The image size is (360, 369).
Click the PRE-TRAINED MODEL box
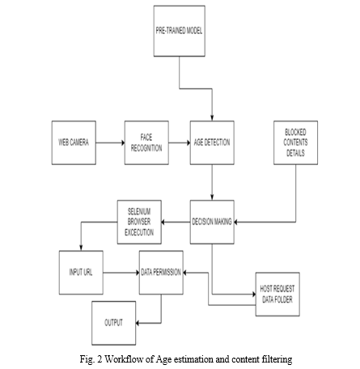pyautogui.click(x=180, y=31)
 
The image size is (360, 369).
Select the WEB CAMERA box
pyautogui.click(x=74, y=142)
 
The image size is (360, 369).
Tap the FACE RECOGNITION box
pyautogui.click(x=146, y=142)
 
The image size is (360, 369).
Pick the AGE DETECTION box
pyautogui.click(x=212, y=142)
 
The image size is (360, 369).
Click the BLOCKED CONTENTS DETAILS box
pyautogui.click(x=295, y=142)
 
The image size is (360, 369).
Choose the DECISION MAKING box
pyautogui.click(x=212, y=222)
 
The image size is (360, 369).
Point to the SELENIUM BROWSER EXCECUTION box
pyautogui.click(x=139, y=222)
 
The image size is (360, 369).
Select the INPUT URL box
pyautogui.click(x=81, y=273)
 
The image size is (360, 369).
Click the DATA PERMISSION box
pyautogui.click(x=161, y=273)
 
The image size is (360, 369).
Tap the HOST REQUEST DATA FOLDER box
pyautogui.click(x=277, y=294)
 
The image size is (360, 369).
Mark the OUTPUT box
pyautogui.click(x=114, y=323)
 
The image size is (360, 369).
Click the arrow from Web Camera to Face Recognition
pyautogui.click(x=110, y=142)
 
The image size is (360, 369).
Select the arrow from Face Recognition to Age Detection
pyautogui.click(x=180, y=142)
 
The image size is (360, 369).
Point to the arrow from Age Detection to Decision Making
pyautogui.click(x=212, y=182)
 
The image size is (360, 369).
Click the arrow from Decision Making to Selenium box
pyautogui.click(x=176, y=223)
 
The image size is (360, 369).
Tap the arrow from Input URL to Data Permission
pyautogui.click(x=121, y=273)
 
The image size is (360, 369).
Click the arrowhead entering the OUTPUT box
pyautogui.click(x=138, y=323)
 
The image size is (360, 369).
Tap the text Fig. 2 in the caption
pyautogui.click(x=91, y=359)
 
